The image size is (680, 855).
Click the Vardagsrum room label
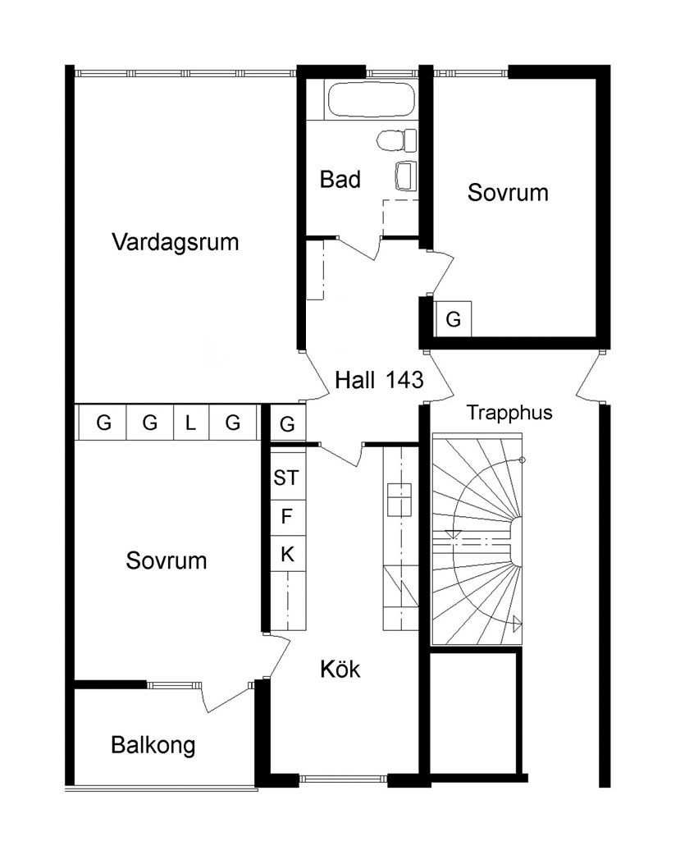[x=175, y=241]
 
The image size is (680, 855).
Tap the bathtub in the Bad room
[x=371, y=99]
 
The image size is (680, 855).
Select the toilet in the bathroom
[x=396, y=140]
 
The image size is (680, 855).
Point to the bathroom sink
[x=405, y=176]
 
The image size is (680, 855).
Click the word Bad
[x=340, y=180]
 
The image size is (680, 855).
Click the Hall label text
[x=355, y=380]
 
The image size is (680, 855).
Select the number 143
[x=404, y=380]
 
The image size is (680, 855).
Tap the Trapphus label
[x=509, y=413]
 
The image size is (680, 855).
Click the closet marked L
[x=191, y=422]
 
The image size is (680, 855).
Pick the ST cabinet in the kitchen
[x=287, y=478]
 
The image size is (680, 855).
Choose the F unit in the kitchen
[x=287, y=516]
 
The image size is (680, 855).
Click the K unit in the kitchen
[x=287, y=554]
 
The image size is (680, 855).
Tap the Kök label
[x=340, y=669]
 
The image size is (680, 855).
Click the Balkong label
[x=153, y=745]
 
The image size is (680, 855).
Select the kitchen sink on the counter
[x=399, y=500]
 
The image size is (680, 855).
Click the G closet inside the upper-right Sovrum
[x=453, y=318]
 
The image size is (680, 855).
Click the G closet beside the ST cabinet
[x=287, y=423]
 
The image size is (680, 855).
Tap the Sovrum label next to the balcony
[x=167, y=560]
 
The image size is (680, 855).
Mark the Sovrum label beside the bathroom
[x=508, y=193]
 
